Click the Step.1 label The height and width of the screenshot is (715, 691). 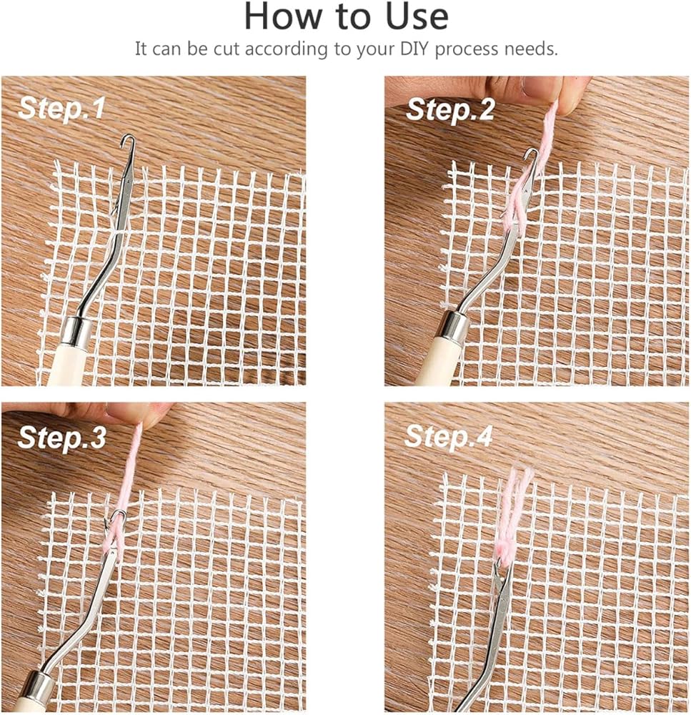coord(61,109)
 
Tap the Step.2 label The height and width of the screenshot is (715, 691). coord(450,110)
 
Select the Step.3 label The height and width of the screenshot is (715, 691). coord(61,438)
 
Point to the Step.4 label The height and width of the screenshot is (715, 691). coord(449,436)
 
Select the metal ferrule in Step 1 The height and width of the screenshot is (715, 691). coord(76,332)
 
